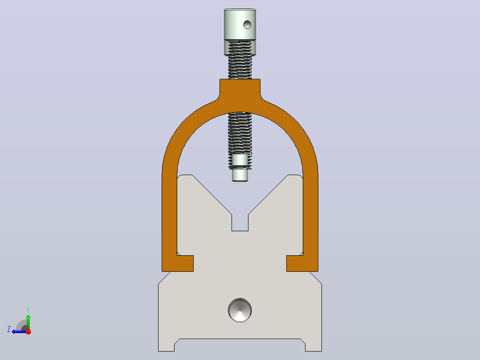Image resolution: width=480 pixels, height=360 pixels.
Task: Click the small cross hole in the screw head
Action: click(247, 25)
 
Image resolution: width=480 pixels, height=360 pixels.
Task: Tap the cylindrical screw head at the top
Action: click(240, 25)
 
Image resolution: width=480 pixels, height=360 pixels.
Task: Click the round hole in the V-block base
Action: click(240, 310)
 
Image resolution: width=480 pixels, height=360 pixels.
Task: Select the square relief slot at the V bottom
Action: click(240, 223)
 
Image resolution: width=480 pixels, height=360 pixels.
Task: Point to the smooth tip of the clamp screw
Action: click(240, 175)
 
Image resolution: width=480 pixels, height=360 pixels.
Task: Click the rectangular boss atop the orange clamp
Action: click(240, 88)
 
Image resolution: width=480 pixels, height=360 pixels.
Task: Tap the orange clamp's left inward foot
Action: click(178, 263)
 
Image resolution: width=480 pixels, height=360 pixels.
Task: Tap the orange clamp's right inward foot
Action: click(302, 263)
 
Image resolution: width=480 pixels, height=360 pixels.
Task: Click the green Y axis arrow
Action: click(28, 322)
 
